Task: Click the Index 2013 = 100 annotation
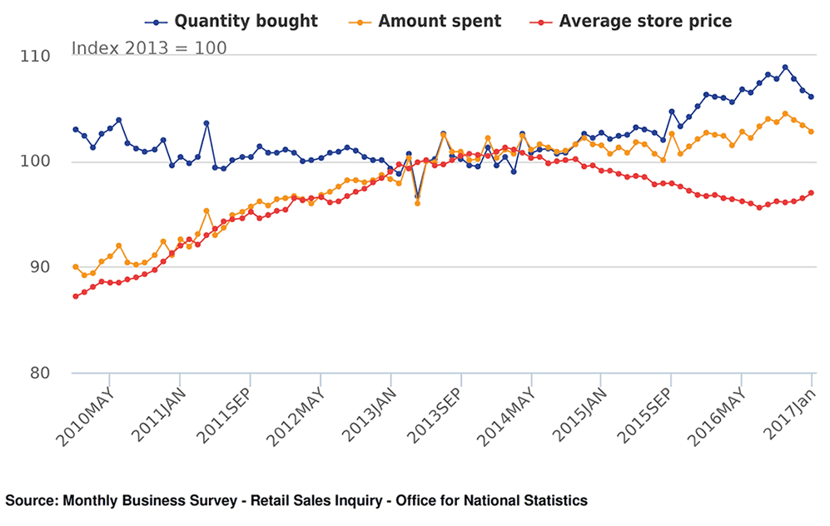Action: click(x=148, y=48)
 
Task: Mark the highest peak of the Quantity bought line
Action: click(x=785, y=67)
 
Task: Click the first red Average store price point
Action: click(x=76, y=296)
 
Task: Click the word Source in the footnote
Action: click(x=29, y=501)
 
